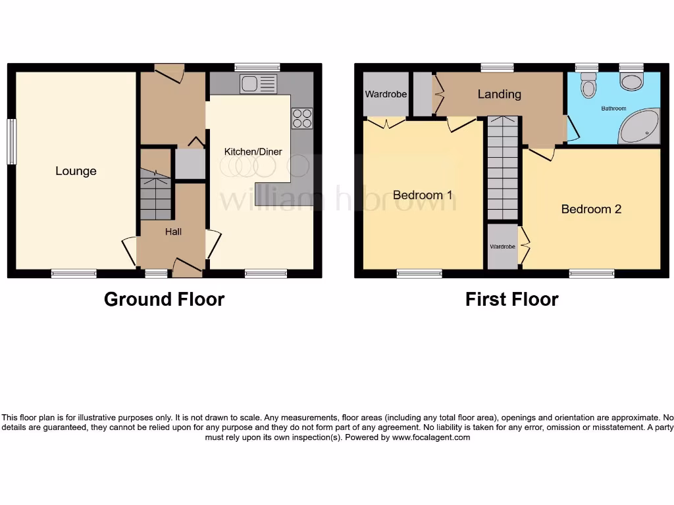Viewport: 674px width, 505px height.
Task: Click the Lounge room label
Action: click(x=76, y=171)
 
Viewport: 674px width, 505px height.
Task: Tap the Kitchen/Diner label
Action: click(x=253, y=152)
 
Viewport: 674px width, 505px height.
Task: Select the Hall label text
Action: click(x=173, y=231)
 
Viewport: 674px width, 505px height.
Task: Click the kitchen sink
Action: click(x=259, y=84)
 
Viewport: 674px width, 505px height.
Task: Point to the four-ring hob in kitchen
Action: click(x=302, y=118)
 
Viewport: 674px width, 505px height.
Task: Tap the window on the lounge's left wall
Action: click(x=11, y=141)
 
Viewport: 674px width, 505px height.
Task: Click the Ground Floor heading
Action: click(x=164, y=299)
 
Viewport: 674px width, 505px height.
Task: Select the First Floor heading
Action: click(x=511, y=299)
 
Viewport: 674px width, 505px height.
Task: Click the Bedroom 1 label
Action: click(x=423, y=195)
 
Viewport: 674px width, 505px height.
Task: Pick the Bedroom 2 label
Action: click(x=591, y=209)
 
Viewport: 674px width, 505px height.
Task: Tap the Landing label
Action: click(x=499, y=94)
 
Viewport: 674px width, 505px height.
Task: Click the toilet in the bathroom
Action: click(x=588, y=84)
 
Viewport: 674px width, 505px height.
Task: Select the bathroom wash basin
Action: click(x=632, y=82)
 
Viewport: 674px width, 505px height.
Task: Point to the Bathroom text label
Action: click(x=613, y=108)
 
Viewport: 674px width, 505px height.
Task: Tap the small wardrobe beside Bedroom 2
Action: click(x=502, y=247)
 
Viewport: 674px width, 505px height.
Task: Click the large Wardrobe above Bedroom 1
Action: click(x=386, y=94)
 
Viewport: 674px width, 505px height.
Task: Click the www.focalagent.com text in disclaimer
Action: click(x=430, y=437)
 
